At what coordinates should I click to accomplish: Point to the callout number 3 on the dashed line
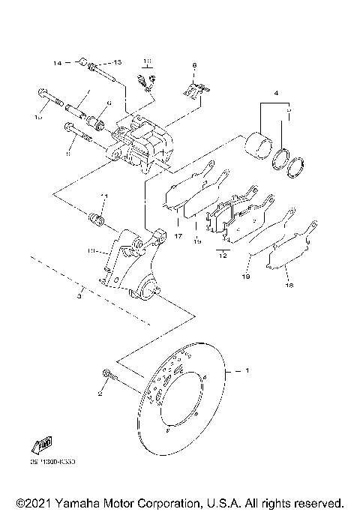[79, 297]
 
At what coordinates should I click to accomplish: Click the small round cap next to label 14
[83, 61]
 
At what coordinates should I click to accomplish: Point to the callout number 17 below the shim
[178, 236]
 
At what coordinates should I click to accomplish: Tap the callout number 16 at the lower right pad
[289, 286]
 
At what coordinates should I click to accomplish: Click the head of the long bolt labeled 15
[40, 95]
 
